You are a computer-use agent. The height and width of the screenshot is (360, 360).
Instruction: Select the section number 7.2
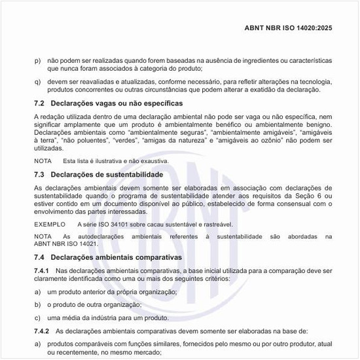[39, 103]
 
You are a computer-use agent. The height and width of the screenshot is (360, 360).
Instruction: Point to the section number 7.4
[39, 257]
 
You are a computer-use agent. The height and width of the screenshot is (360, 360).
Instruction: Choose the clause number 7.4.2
[41, 332]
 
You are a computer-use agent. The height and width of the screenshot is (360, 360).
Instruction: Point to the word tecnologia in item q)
[314, 81]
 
